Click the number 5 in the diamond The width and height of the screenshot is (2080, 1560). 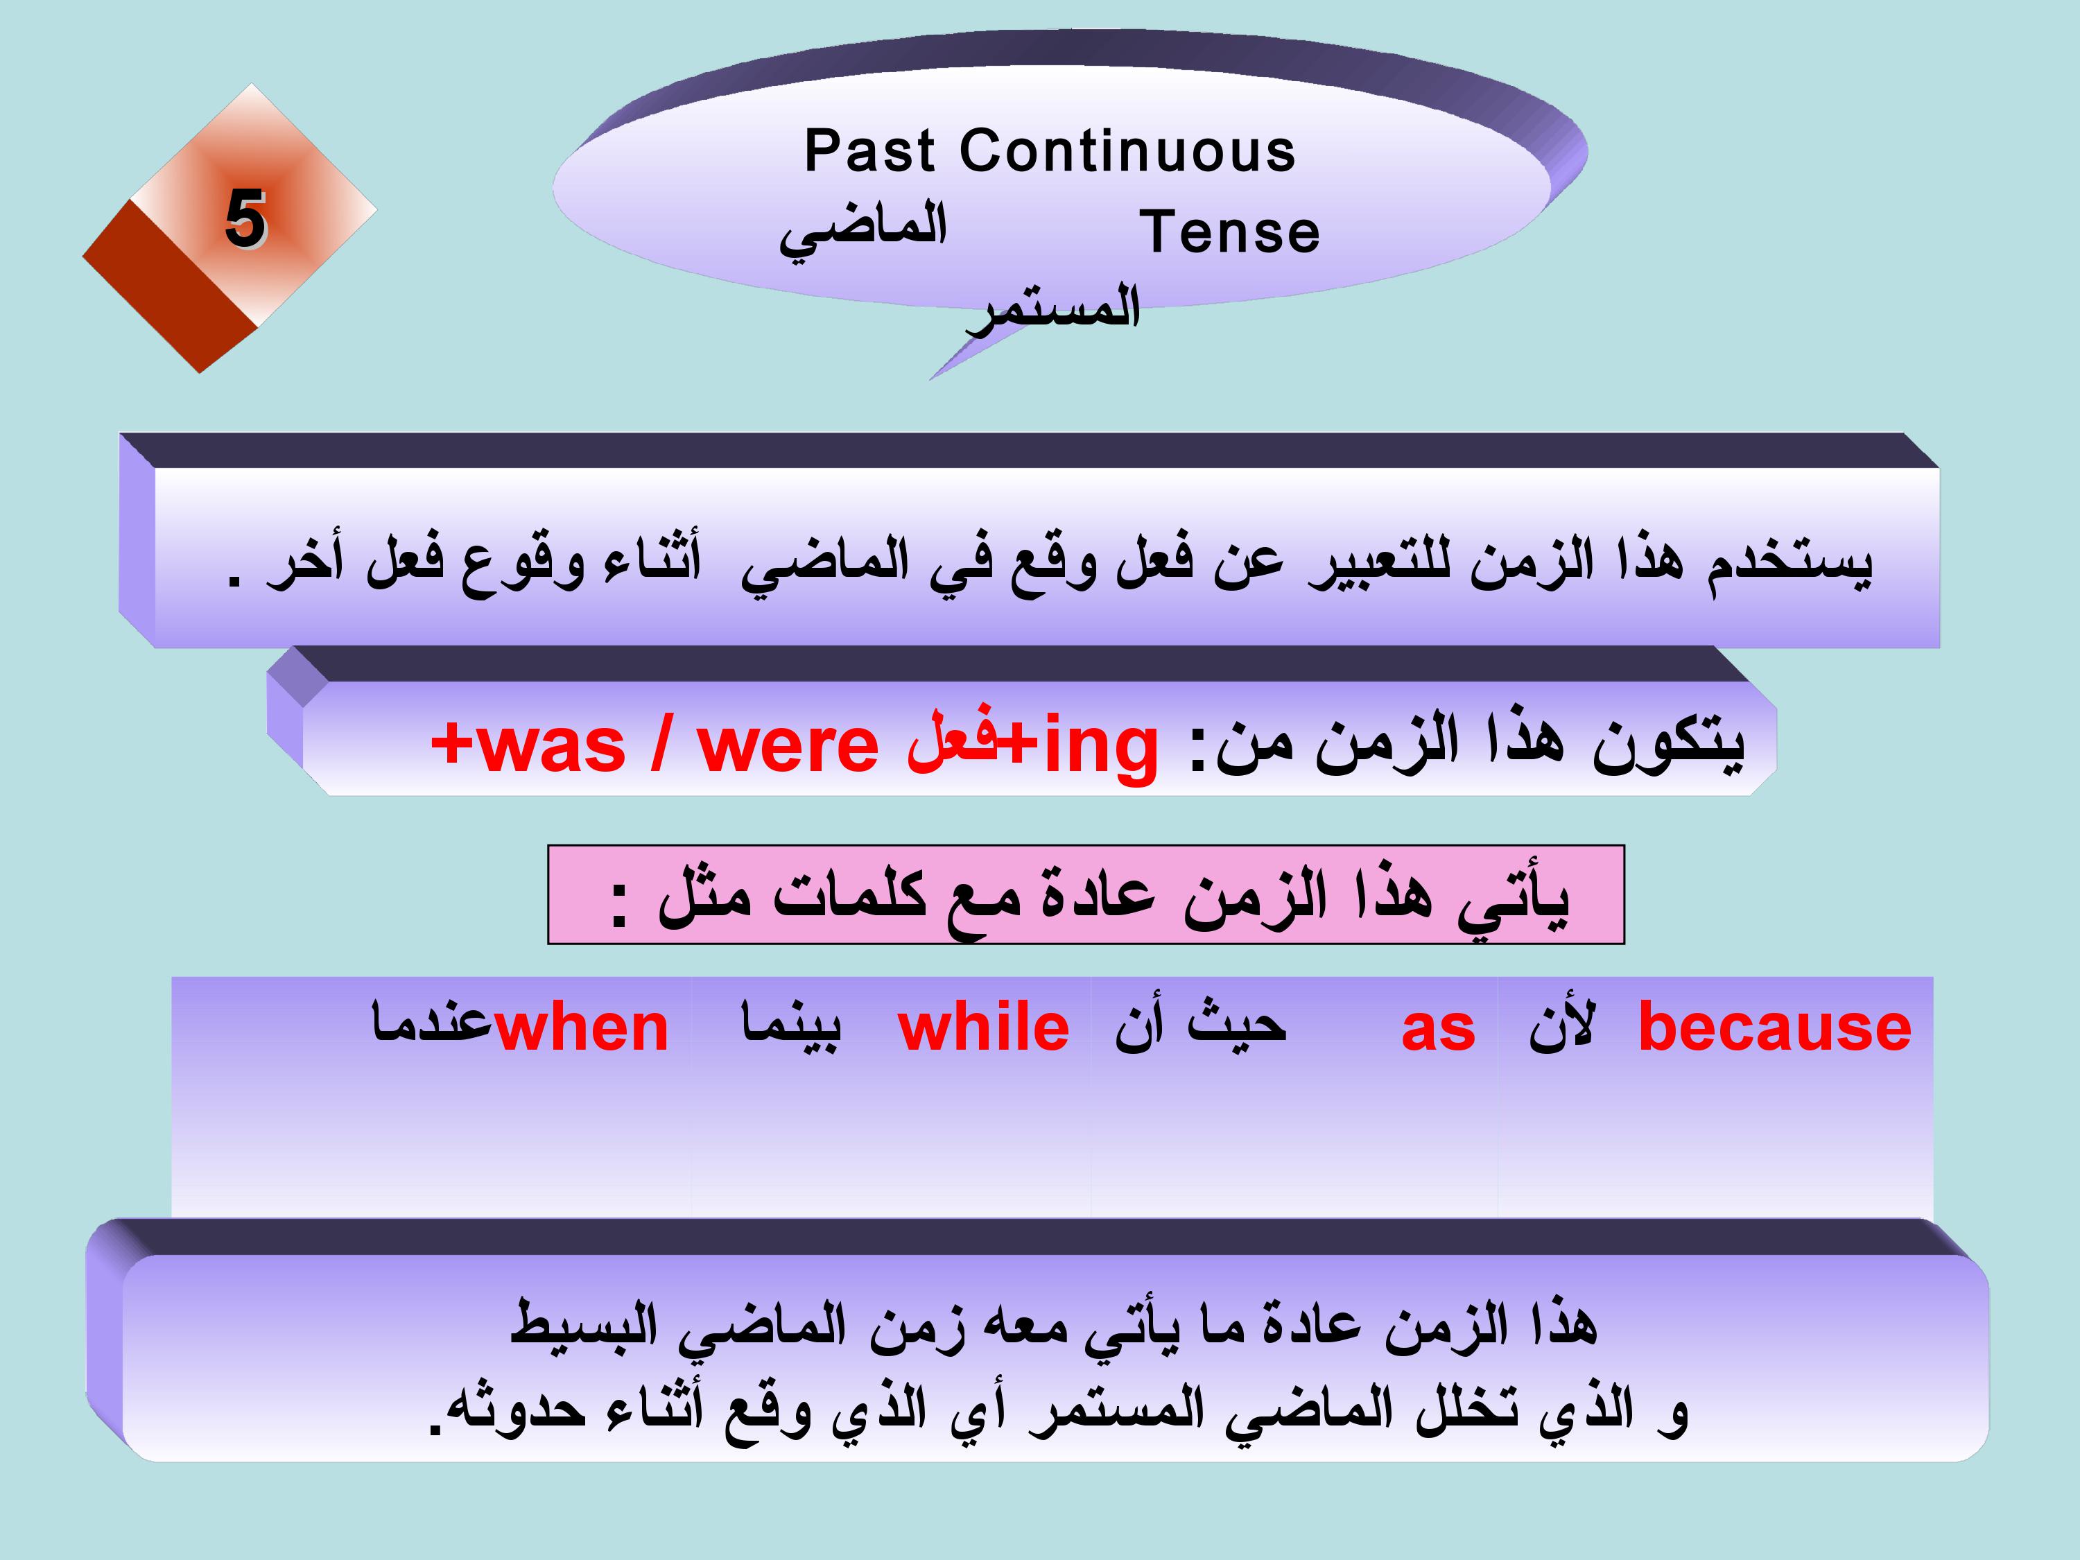pyautogui.click(x=245, y=218)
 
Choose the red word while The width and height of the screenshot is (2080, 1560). pyautogui.click(x=984, y=1027)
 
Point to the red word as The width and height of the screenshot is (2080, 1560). pyautogui.click(x=1438, y=1030)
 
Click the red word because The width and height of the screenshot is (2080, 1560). pyautogui.click(x=1774, y=1027)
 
